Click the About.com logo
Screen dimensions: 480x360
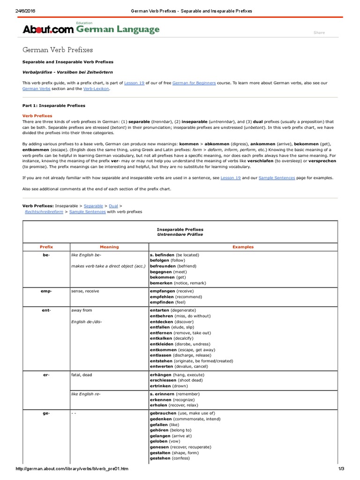click(x=48, y=30)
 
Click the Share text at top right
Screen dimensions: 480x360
click(x=319, y=33)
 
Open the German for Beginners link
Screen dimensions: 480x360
click(x=194, y=82)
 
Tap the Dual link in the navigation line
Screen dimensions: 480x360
click(x=113, y=206)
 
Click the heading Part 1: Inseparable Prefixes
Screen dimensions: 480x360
click(x=54, y=105)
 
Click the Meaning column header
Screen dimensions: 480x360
click(x=109, y=247)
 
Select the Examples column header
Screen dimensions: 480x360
click(x=243, y=247)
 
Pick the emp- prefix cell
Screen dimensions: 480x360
click(x=46, y=291)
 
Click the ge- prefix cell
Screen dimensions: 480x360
click(x=46, y=413)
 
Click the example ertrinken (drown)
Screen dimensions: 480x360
click(x=169, y=386)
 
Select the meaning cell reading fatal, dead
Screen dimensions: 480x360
click(x=84, y=375)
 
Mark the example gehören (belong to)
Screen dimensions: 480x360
click(x=170, y=430)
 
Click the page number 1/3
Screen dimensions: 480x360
click(x=341, y=469)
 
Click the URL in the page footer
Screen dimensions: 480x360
click(x=72, y=469)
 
